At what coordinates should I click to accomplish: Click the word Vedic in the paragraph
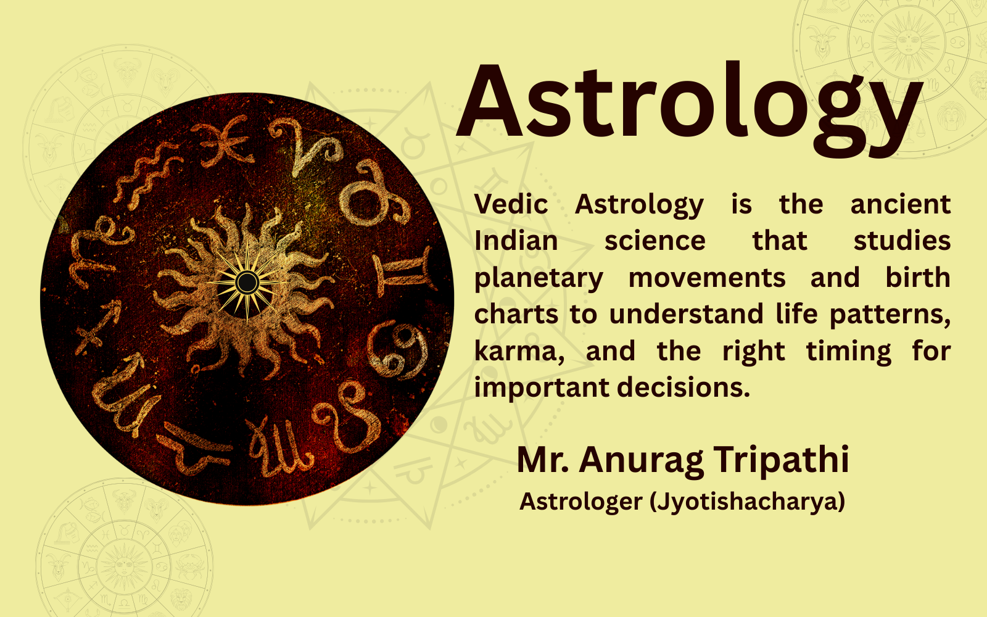(x=511, y=204)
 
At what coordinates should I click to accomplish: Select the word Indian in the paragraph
(x=516, y=241)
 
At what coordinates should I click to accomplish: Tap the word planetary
(x=539, y=278)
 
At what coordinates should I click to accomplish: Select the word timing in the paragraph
(x=848, y=352)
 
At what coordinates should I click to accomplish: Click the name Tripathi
(x=782, y=460)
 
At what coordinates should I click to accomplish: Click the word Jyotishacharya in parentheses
(x=747, y=501)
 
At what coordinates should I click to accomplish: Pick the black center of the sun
(x=247, y=283)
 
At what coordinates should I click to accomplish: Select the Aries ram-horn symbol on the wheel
(x=306, y=145)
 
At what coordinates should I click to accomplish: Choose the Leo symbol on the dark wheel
(x=349, y=416)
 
